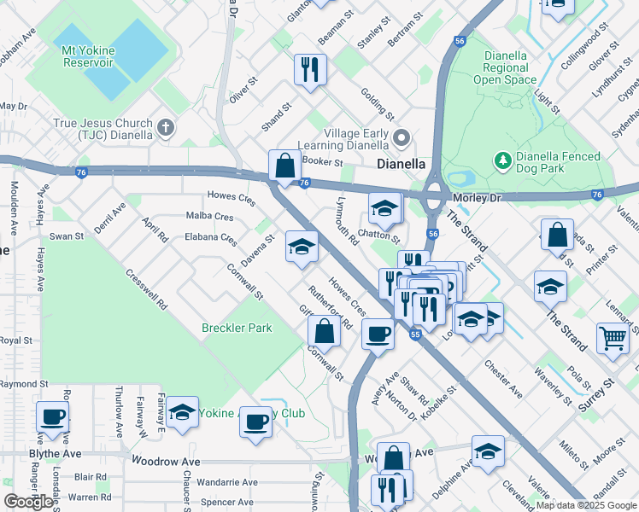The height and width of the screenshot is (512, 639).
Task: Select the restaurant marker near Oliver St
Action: [309, 69]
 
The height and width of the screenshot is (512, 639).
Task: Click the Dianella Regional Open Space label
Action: [510, 67]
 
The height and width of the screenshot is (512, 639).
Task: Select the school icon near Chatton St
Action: [384, 207]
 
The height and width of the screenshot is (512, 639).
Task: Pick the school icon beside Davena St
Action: [300, 247]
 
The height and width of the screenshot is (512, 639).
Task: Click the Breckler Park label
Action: [236, 328]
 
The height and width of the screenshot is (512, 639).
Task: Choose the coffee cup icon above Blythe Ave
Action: [53, 417]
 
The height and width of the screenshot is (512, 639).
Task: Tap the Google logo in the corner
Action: [29, 502]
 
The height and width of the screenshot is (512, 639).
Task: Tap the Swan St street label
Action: [67, 236]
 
